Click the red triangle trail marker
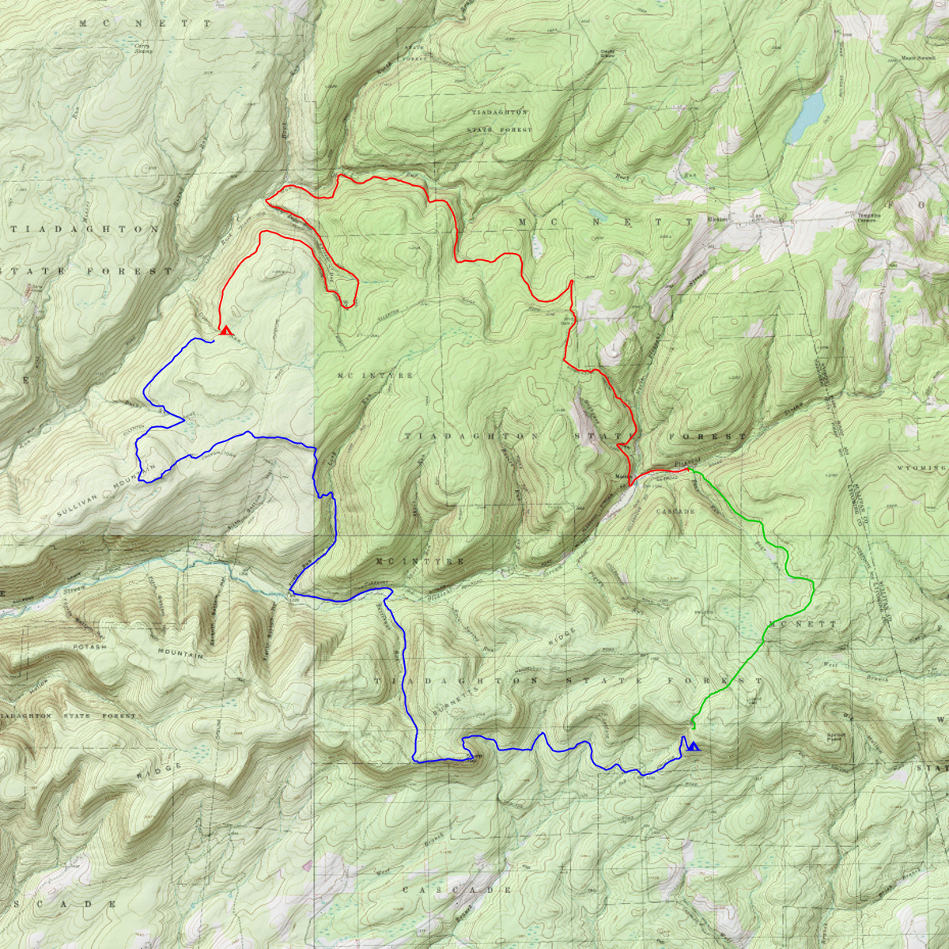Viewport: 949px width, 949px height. [226, 331]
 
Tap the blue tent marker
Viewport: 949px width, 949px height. [694, 746]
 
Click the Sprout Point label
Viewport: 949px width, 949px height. [837, 737]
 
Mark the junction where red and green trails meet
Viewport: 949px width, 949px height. [690, 470]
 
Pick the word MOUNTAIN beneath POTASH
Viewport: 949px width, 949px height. [180, 653]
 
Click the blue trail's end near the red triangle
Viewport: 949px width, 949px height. [214, 341]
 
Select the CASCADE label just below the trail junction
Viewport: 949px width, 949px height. [675, 512]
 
